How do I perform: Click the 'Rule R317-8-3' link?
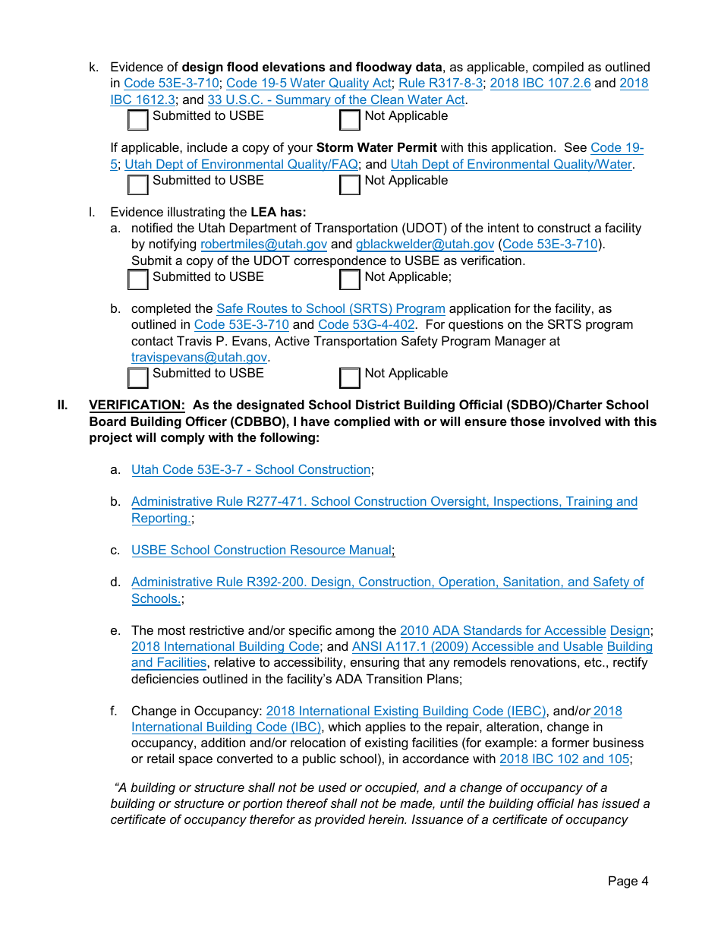click(440, 84)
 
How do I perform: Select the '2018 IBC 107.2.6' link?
click(540, 84)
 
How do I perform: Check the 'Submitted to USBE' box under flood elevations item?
click(138, 121)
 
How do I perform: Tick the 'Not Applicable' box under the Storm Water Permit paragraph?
click(350, 185)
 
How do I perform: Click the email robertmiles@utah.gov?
click(263, 245)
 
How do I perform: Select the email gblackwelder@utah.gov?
click(425, 245)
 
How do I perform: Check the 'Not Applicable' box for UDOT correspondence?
click(350, 280)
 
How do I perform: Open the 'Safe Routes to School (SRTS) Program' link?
click(330, 308)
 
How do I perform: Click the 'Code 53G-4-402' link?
click(367, 324)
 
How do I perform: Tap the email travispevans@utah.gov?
click(200, 357)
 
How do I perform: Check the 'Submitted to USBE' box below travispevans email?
click(138, 377)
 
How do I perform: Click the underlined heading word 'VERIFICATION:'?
click(137, 405)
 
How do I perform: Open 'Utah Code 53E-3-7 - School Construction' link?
click(250, 469)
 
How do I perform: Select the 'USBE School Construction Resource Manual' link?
click(262, 550)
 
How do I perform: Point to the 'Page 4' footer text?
click(628, 881)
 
